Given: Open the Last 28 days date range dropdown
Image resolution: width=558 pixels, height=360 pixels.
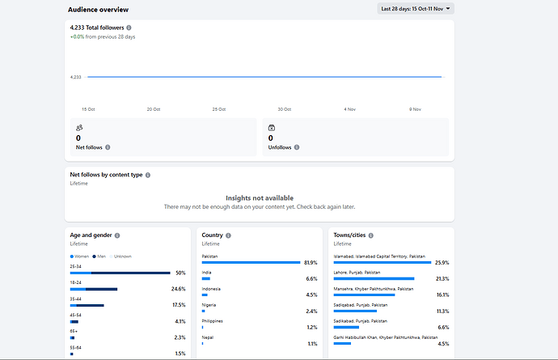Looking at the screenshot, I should pyautogui.click(x=416, y=9).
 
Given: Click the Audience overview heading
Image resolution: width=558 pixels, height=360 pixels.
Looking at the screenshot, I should pyautogui.click(x=98, y=10).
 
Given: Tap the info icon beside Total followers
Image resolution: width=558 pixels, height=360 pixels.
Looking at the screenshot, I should pyautogui.click(x=129, y=28).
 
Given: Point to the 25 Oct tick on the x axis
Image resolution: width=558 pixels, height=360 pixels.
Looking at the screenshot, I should pyautogui.click(x=218, y=108).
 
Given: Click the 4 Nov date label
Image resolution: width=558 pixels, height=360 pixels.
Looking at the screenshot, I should pyautogui.click(x=349, y=108).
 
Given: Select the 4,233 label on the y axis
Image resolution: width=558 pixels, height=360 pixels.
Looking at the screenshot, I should pyautogui.click(x=76, y=77).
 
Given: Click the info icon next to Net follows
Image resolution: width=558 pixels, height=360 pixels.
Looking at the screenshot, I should pyautogui.click(x=108, y=147).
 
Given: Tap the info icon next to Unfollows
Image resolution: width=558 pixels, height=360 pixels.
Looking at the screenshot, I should pyautogui.click(x=297, y=147).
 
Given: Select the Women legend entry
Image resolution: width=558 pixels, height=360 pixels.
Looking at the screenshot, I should pyautogui.click(x=80, y=256).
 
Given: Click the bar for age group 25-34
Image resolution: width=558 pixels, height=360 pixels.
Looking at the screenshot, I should pyautogui.click(x=120, y=273).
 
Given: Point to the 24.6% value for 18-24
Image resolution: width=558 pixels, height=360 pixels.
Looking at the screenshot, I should pyautogui.click(x=179, y=289).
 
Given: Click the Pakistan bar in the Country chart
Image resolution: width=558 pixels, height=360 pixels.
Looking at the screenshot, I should pyautogui.click(x=249, y=262).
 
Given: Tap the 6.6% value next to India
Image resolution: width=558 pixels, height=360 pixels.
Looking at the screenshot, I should pyautogui.click(x=311, y=278).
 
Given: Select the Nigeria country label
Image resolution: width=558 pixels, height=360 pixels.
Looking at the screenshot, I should pyautogui.click(x=209, y=304).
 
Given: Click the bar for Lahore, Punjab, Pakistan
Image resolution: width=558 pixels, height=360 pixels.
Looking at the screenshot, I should pyautogui.click(x=374, y=278).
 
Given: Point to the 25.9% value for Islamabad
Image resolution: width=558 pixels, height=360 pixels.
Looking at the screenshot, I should pyautogui.click(x=442, y=262).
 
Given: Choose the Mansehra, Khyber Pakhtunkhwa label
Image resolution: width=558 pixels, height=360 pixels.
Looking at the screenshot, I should pyautogui.click(x=373, y=288).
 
